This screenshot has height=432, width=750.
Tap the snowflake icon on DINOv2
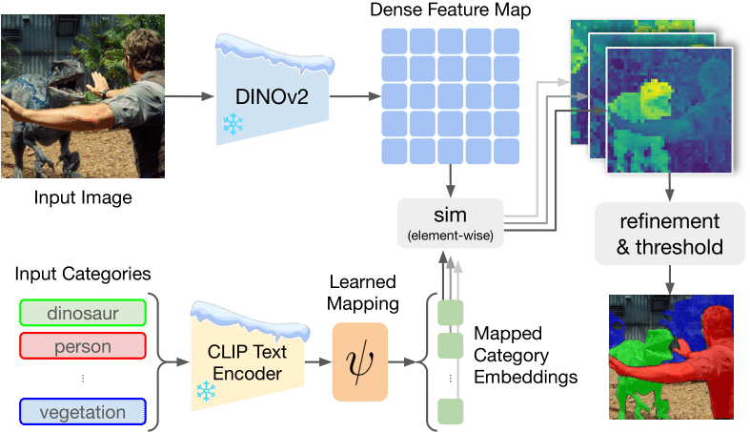pos(231,123)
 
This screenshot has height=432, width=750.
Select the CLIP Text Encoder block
pos(250,363)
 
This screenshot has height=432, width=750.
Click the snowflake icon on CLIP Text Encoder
pos(205,391)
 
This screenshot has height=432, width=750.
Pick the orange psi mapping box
pos(360,362)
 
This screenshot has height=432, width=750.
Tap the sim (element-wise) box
pos(450,221)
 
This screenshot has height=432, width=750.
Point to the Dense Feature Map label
pos(450,10)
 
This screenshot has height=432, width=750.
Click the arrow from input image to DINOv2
pos(181,96)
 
